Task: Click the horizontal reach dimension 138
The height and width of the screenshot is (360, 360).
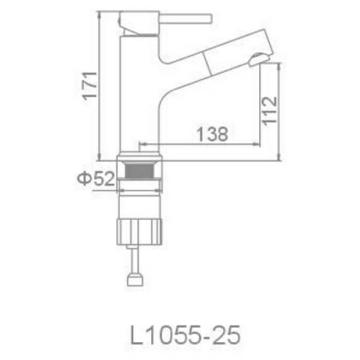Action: (x=208, y=132)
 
